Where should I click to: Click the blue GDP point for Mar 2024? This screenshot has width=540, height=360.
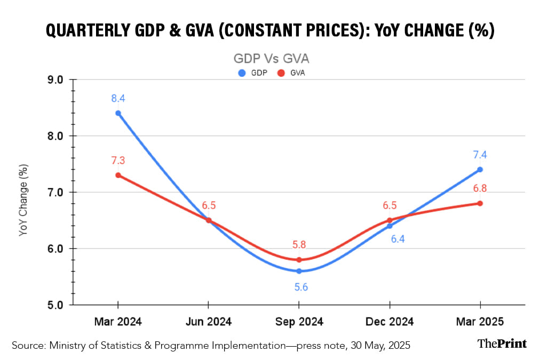118,113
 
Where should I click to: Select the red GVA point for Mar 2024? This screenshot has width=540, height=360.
118,175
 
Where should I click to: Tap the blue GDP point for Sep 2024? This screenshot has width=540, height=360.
299,271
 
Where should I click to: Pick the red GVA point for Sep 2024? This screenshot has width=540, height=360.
299,260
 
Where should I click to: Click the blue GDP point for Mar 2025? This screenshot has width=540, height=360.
480,170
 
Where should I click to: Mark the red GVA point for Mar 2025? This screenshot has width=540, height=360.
480,203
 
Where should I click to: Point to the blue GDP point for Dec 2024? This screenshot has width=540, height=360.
390,226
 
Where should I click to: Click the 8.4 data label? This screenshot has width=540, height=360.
118,98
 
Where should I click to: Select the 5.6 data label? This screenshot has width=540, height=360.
301,287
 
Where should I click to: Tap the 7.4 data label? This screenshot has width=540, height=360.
479,155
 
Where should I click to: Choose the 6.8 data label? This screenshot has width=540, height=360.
480,188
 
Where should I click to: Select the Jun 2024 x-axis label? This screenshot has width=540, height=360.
208,322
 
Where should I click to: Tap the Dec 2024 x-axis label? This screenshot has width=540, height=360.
390,322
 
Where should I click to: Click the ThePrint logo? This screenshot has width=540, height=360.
502,343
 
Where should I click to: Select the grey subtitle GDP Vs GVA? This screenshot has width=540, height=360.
271,58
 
